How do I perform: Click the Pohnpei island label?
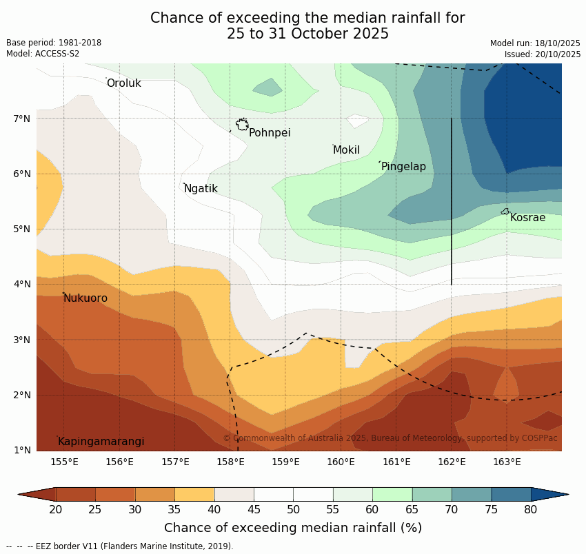pyautogui.click(x=270, y=133)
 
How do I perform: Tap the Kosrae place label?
pyautogui.click(x=527, y=218)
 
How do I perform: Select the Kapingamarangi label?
pyautogui.click(x=101, y=442)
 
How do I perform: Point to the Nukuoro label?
pyautogui.click(x=85, y=298)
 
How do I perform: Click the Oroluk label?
pyautogui.click(x=124, y=83)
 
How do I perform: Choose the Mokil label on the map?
pyautogui.click(x=346, y=150)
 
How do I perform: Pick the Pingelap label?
pyautogui.click(x=403, y=167)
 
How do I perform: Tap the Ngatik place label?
pyautogui.click(x=201, y=189)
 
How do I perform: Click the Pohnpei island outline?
pyautogui.click(x=242, y=125)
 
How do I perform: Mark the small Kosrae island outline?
pyautogui.click(x=505, y=212)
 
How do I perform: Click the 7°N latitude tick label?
pyautogui.click(x=22, y=119)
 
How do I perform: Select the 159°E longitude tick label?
pyautogui.click(x=285, y=462)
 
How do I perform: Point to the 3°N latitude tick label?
pyautogui.click(x=22, y=340)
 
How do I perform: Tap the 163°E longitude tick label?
pyautogui.click(x=507, y=462)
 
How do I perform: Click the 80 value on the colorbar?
pyautogui.click(x=531, y=510)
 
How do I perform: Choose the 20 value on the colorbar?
pyautogui.click(x=56, y=510)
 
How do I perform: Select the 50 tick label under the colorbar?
pyautogui.click(x=293, y=510)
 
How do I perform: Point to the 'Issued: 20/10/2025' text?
pyautogui.click(x=543, y=54)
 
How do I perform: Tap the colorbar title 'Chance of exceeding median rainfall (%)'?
pyautogui.click(x=293, y=528)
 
